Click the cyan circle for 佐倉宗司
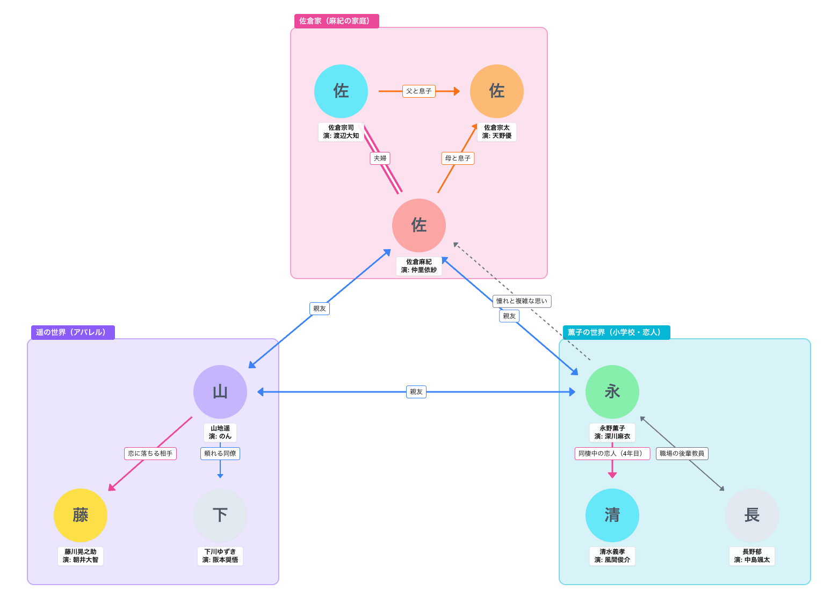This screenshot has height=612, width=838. pos(341,91)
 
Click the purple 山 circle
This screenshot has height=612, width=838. pos(220,392)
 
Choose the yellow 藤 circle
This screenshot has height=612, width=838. pos(81,515)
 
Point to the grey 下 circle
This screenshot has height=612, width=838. pos(220,515)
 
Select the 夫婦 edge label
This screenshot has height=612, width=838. pos(380,158)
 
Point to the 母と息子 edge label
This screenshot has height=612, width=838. pos(458,158)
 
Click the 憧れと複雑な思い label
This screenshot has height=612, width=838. pos(522,301)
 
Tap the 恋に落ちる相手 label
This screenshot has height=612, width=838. pos(150,454)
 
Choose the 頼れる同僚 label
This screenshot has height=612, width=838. pos(220,454)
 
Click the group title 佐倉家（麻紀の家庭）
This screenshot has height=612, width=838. pos(336,21)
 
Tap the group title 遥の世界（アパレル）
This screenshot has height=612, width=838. pos(73,332)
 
